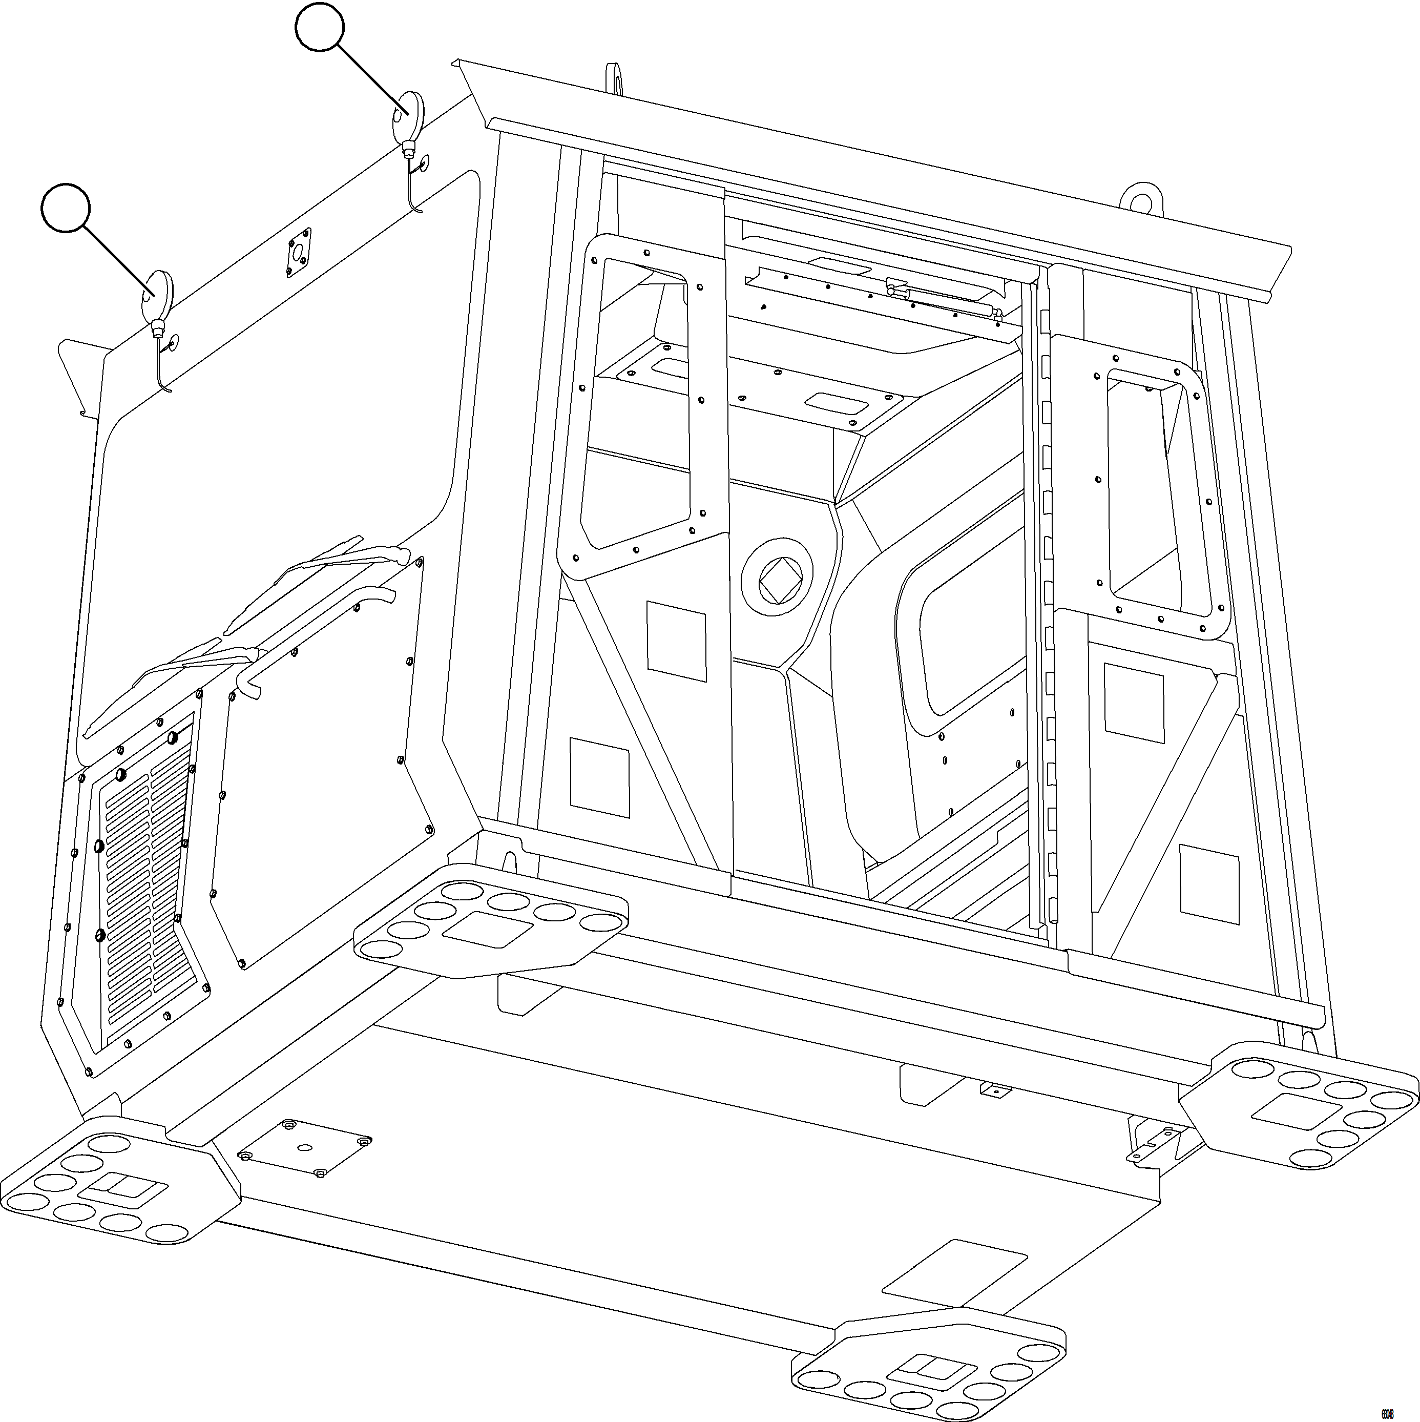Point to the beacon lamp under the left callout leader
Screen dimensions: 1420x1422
tap(157, 295)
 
